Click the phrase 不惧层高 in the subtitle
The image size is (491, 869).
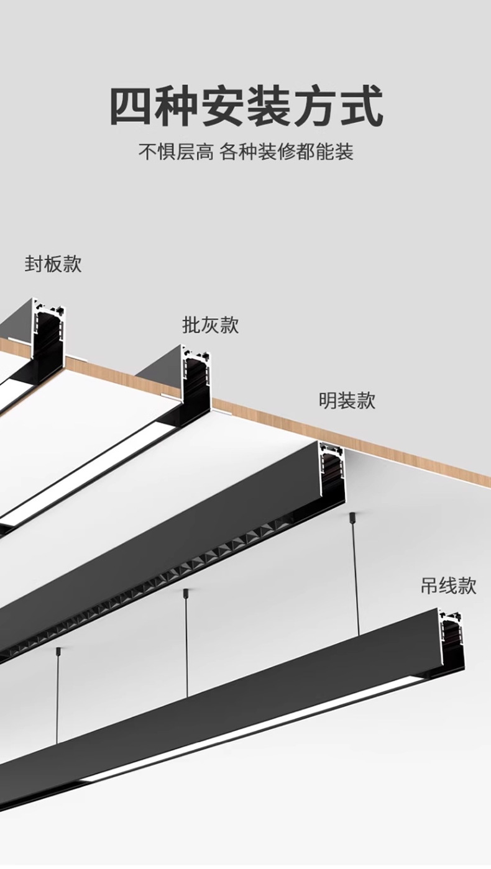[x=175, y=152]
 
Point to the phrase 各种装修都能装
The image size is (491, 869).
[x=287, y=152]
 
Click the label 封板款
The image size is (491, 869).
[x=53, y=264]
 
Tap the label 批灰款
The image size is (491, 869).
[x=210, y=325]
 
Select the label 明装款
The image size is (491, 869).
[x=347, y=400]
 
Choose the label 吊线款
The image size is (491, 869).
[x=448, y=585]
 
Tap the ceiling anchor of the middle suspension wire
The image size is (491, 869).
[x=185, y=593]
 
